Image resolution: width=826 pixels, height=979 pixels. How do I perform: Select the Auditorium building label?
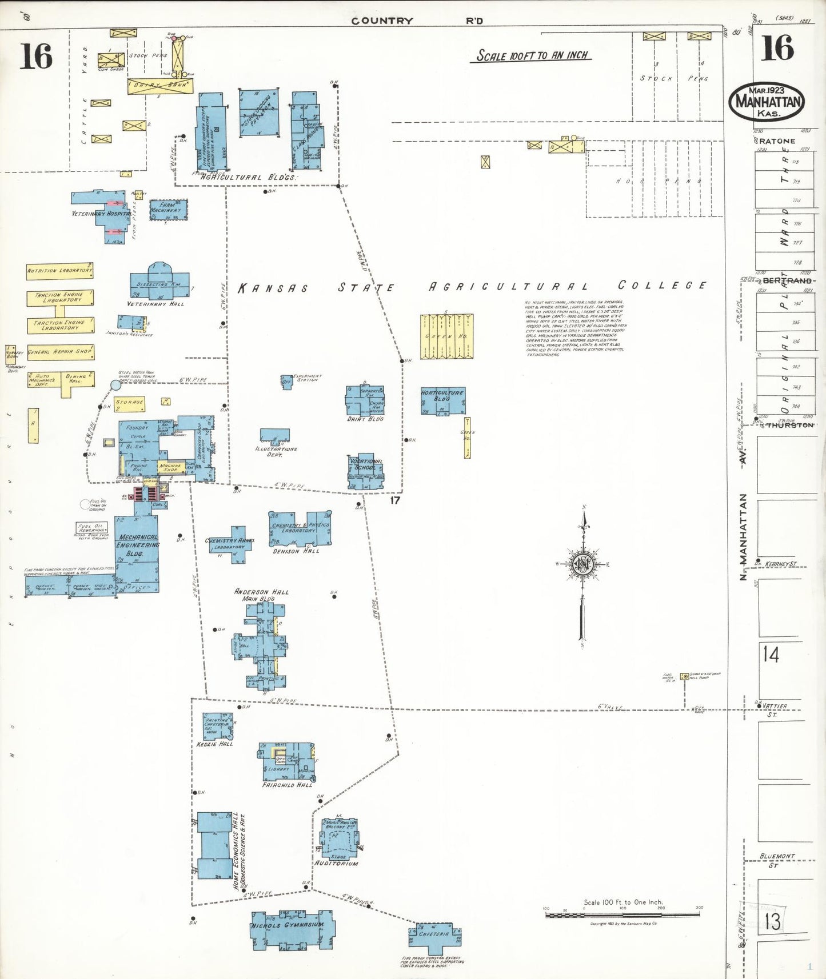(x=337, y=863)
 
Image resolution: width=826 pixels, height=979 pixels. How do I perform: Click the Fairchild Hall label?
(x=288, y=785)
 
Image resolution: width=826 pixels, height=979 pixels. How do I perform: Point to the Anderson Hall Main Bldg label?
(x=261, y=595)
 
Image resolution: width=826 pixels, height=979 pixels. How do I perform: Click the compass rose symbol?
(x=583, y=564)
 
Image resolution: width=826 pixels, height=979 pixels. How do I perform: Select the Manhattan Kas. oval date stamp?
(x=767, y=102)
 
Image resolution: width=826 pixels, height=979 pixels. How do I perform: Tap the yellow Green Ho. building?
(x=446, y=336)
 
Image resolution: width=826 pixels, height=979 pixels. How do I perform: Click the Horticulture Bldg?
(x=442, y=400)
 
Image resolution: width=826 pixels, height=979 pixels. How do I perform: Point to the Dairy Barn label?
(x=160, y=86)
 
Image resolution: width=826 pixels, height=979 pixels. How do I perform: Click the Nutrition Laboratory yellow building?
(x=59, y=271)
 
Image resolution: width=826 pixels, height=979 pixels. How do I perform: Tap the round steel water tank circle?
(x=115, y=385)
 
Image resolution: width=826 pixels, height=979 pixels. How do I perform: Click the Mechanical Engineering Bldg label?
(x=138, y=545)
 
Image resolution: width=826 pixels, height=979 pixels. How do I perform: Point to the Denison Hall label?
(x=296, y=551)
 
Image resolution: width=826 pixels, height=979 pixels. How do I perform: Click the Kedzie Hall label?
(x=214, y=744)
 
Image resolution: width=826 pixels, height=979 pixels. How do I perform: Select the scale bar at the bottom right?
(x=623, y=914)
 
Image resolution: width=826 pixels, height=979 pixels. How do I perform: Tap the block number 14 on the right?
(x=771, y=654)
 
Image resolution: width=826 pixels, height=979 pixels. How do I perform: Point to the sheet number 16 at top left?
(x=36, y=57)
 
